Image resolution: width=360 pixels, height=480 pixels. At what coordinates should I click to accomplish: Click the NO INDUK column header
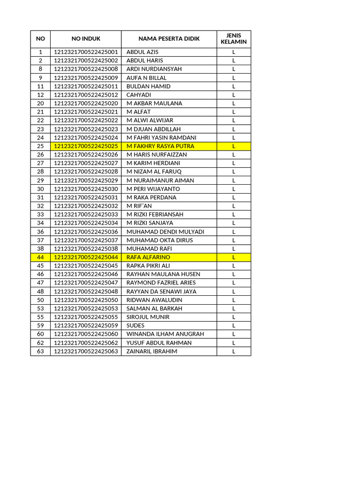[86, 39]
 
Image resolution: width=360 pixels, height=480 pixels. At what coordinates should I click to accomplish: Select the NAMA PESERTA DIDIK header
[169, 39]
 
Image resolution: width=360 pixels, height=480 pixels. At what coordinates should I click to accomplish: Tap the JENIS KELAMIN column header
[233, 39]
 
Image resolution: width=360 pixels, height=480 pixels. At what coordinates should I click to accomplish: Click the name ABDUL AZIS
[142, 52]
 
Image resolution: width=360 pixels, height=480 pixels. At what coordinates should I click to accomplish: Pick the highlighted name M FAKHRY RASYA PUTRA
[160, 146]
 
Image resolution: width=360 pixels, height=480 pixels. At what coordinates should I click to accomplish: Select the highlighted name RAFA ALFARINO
[149, 257]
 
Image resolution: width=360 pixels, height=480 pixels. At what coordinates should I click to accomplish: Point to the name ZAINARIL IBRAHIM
[152, 351]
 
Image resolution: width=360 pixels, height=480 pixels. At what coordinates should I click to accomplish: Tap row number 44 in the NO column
[40, 257]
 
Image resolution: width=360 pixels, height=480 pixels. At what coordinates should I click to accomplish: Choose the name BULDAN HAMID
[149, 86]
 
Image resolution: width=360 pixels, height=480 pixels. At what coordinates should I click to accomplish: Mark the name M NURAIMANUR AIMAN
[160, 180]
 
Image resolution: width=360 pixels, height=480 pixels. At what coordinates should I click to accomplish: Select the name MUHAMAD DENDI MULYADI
[165, 232]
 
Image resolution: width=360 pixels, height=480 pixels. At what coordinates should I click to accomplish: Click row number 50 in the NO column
[40, 300]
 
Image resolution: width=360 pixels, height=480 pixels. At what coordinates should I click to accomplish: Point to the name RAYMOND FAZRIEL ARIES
[161, 283]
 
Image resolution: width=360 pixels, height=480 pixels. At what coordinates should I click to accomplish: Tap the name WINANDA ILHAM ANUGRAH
[165, 334]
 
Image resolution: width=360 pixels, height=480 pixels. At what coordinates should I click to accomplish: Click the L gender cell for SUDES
[233, 326]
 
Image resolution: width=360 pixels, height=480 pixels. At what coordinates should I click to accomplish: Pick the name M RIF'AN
[139, 206]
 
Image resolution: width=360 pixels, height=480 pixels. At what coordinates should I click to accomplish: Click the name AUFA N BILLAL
[146, 78]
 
